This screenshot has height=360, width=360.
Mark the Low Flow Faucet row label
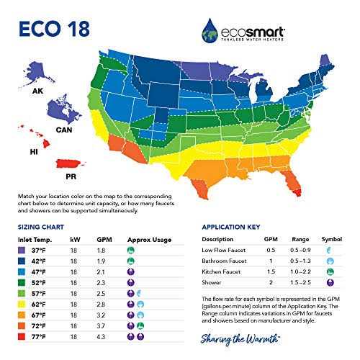[x=229, y=251]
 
